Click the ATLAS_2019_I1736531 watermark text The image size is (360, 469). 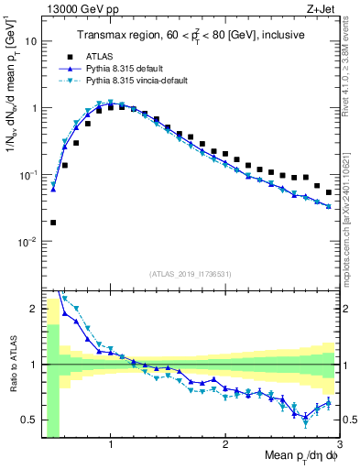pyautogui.click(x=191, y=274)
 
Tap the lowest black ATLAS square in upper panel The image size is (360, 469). pyautogui.click(x=53, y=222)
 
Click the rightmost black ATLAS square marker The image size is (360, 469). pyautogui.click(x=329, y=192)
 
